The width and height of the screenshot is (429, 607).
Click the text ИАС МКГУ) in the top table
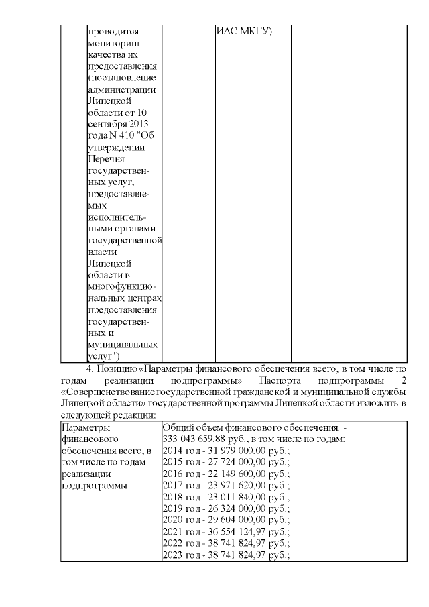point(243,31)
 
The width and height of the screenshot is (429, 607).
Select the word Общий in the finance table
point(177,427)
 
